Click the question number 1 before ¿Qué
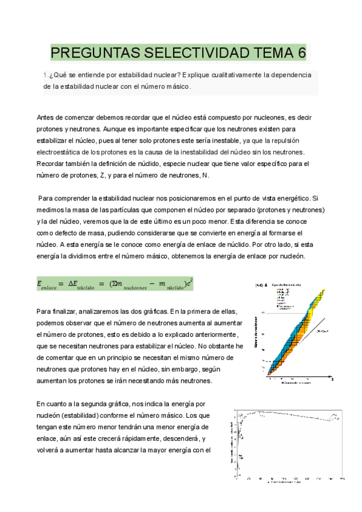pyautogui.click(x=45, y=75)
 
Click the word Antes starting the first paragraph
pyautogui.click(x=46, y=117)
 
